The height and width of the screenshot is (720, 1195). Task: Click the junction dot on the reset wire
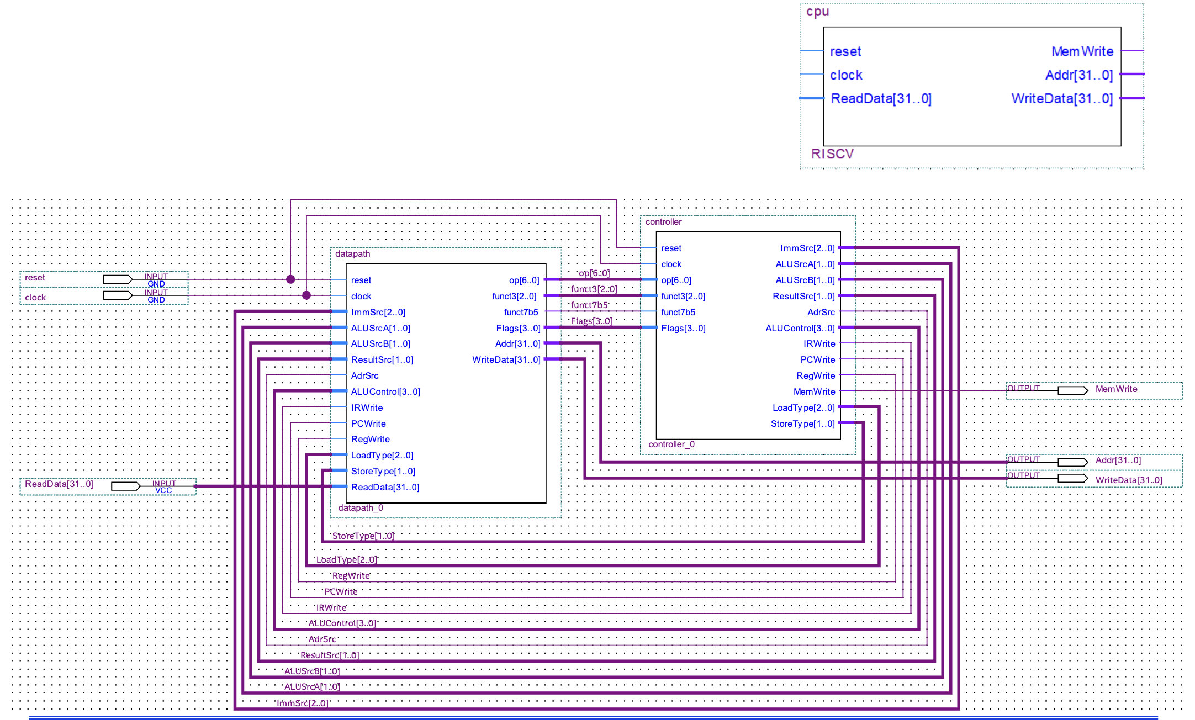pos(290,279)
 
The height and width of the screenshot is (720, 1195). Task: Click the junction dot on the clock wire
pos(306,295)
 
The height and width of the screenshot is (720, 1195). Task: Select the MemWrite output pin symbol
pos(1072,390)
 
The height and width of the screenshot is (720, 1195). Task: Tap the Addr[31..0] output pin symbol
pos(1072,462)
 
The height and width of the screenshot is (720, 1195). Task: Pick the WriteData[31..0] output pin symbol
pos(1072,478)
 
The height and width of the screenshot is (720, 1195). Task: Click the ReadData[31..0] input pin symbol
pos(125,486)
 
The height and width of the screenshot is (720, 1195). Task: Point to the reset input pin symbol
pos(118,279)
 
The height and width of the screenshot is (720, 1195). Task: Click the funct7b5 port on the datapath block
pos(521,312)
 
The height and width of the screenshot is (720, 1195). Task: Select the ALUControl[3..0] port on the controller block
pos(800,328)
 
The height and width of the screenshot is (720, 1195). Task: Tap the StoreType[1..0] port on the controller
pos(802,423)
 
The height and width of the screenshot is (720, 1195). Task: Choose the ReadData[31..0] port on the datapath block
pos(385,487)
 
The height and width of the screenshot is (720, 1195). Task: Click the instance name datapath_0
pos(360,507)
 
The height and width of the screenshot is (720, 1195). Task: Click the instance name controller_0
pos(671,444)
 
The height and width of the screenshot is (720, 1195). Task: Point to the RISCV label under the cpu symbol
pos(832,153)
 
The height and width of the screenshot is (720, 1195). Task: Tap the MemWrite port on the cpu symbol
pos(1082,51)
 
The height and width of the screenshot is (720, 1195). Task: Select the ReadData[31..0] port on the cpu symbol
pos(881,98)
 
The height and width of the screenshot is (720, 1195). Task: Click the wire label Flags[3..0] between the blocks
pos(591,321)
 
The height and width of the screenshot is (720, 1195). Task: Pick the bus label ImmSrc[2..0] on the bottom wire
pos(303,703)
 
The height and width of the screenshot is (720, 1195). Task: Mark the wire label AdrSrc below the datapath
pos(322,639)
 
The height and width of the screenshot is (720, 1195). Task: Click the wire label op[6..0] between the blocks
pos(594,273)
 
